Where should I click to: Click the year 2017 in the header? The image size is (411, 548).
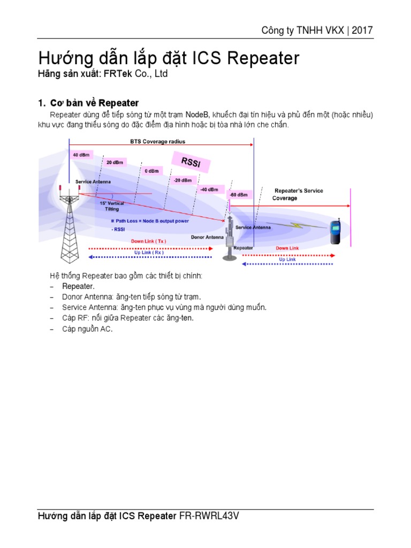tap(362, 30)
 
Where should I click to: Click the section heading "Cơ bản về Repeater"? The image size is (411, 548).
tap(94, 103)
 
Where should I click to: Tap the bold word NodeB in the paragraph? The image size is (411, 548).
tap(197, 115)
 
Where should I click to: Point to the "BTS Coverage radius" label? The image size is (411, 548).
tap(158, 142)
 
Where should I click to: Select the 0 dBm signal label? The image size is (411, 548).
tap(151, 171)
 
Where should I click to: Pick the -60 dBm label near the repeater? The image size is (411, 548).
tap(238, 195)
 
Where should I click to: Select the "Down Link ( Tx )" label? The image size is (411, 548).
tap(149, 241)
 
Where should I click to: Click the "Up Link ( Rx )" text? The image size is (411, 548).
tap(149, 253)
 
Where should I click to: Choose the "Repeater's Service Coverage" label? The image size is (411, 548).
tap(298, 194)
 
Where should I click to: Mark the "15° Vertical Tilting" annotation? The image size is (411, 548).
tap(112, 206)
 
